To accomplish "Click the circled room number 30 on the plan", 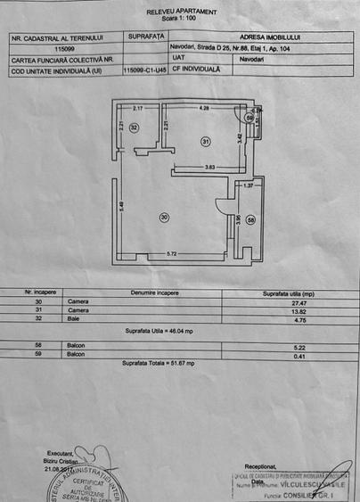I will point(163,217).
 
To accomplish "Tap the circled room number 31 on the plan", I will point(206,140).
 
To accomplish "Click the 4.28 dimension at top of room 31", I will point(204,108).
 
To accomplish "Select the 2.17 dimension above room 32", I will point(138,108).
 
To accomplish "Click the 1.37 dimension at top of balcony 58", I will point(250,185).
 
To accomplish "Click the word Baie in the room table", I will point(72,318).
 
